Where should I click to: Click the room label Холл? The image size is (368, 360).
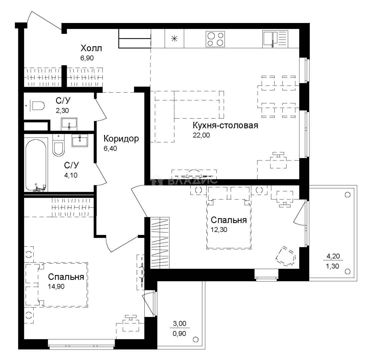pos(91,48)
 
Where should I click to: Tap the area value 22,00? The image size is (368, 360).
pos(201,135)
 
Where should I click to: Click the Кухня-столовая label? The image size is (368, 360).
pos(225,125)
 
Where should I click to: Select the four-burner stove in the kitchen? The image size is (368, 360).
pos(215,39)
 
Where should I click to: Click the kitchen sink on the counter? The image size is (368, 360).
pos(275,39)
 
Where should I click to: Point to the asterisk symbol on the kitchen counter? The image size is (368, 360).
pos(174,38)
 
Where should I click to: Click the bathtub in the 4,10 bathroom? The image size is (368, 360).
pos(36,165)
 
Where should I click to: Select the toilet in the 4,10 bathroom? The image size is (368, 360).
pos(58,146)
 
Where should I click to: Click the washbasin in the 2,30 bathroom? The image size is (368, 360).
pos(69,124)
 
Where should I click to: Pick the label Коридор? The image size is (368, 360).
pos(121,138)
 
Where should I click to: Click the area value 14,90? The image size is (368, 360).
pos(56,287)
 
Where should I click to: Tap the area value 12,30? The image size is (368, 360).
pos(219,230)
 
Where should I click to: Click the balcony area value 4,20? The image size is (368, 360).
pos(333,256)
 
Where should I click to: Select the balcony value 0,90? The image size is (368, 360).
pos(179,333)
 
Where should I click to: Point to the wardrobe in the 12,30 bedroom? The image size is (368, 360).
pos(160,243)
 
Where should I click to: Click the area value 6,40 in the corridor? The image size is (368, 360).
pos(110,148)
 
